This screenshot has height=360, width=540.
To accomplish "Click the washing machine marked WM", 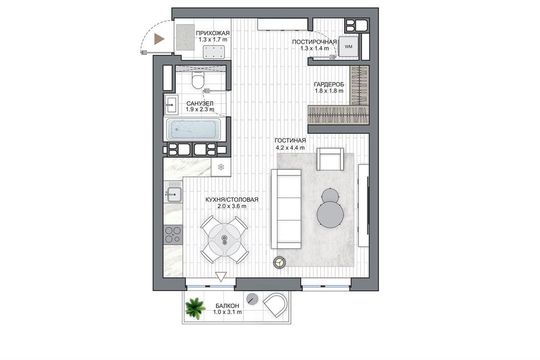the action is coord(349,47).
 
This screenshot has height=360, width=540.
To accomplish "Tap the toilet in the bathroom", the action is coord(198,81).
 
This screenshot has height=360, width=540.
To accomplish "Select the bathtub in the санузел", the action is coord(193,130).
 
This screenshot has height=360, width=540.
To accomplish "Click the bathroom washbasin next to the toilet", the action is coord(171,105).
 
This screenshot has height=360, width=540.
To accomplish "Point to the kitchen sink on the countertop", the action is coord(174,194).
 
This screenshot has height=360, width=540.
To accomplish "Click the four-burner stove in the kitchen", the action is coord(173,235).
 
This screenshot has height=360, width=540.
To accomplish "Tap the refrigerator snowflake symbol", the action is coord(221,167).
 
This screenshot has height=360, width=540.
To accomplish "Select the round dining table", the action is coord(224,240).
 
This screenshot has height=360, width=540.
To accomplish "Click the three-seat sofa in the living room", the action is coord(286,208).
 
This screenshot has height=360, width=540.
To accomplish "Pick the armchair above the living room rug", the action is coord(330,159).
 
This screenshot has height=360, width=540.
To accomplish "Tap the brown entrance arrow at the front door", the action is coord(159,39).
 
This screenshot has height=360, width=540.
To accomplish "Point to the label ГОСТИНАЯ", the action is coord(290,140).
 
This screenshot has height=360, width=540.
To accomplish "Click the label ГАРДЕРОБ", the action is coord(328,84).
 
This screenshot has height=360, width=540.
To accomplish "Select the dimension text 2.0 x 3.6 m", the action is coord(232,206).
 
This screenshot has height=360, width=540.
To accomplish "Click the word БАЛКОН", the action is coord(227,306).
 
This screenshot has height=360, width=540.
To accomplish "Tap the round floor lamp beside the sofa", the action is coord(280,262).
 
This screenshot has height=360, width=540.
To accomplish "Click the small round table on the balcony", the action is coord(253,298).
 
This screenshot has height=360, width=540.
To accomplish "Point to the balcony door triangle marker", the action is coord(220,277).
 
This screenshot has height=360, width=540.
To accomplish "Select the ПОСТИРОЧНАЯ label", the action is coord(314,42).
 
